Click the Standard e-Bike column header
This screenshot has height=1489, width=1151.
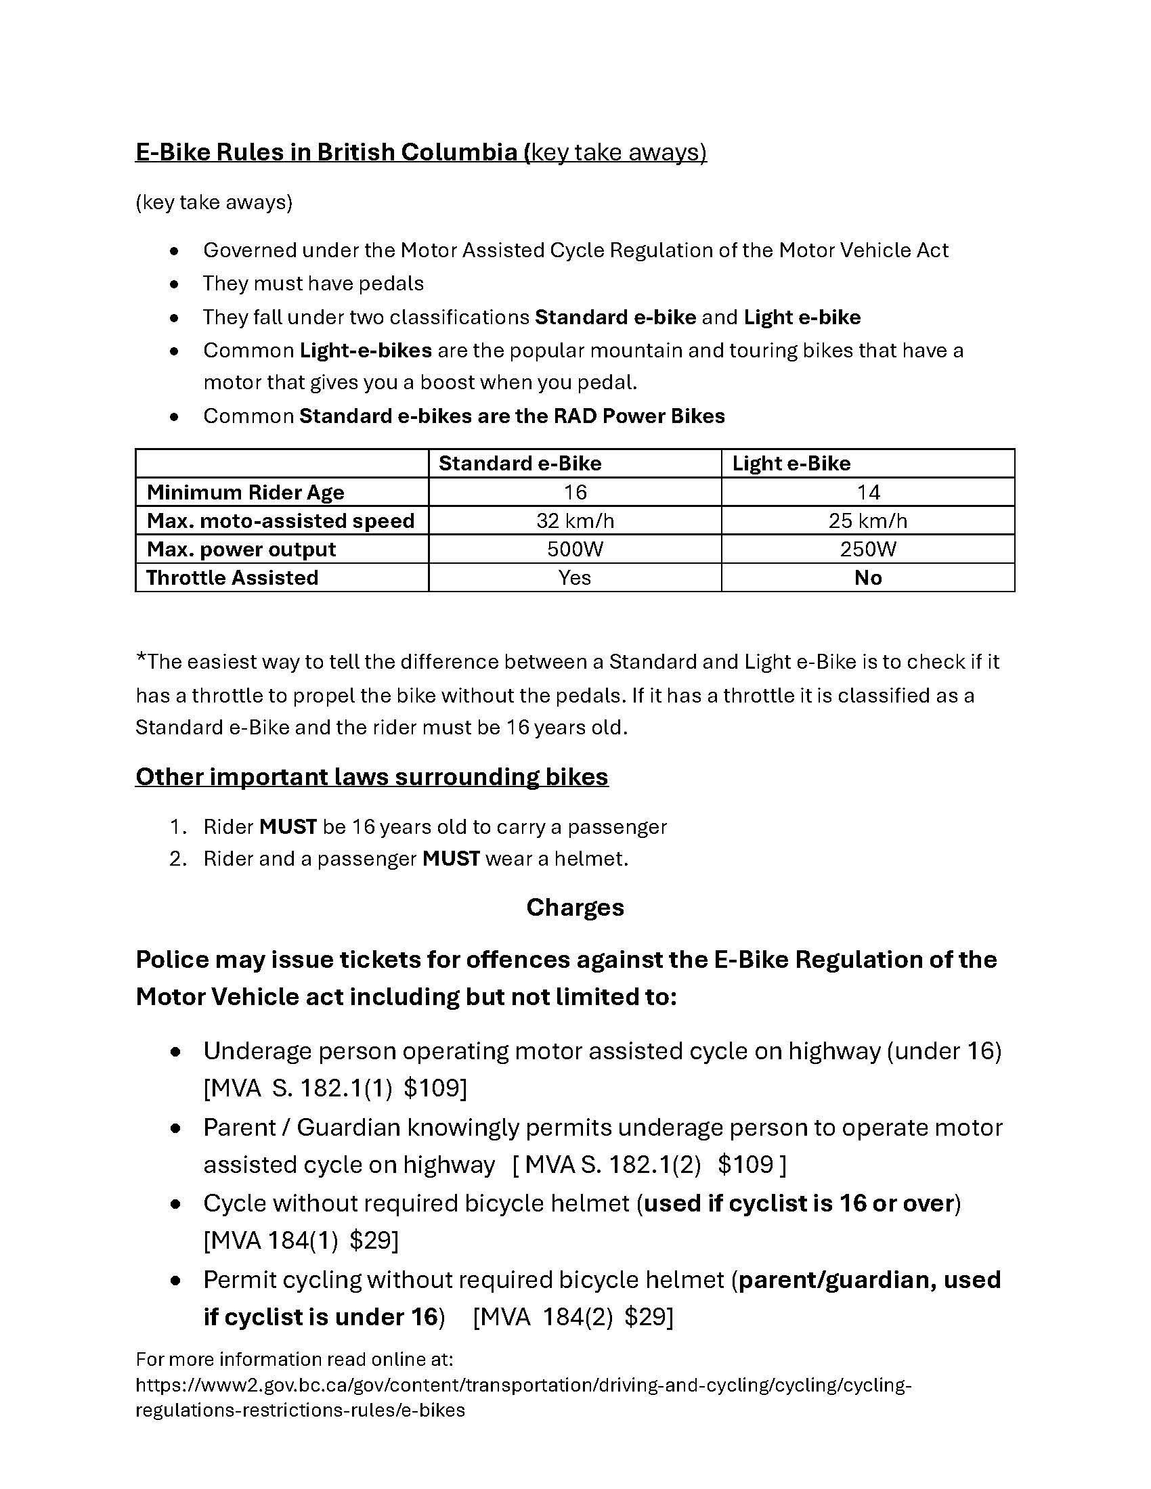click(519, 464)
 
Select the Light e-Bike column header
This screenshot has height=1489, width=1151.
click(791, 464)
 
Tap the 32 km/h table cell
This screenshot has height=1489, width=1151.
click(575, 521)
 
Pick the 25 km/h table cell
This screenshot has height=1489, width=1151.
click(867, 521)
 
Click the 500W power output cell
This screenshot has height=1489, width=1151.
click(575, 550)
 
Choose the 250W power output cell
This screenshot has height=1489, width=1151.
click(867, 550)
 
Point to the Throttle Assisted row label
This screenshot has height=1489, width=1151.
click(232, 578)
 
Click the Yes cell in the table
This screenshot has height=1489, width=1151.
click(575, 578)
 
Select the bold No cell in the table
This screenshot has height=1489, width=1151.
click(868, 578)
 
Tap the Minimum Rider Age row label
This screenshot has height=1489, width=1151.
click(246, 492)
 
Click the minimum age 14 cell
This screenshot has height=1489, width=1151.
click(868, 492)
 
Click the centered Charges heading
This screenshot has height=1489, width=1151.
click(575, 908)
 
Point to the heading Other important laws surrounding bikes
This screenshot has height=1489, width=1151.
click(372, 776)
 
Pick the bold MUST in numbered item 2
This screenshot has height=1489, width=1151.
click(451, 858)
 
